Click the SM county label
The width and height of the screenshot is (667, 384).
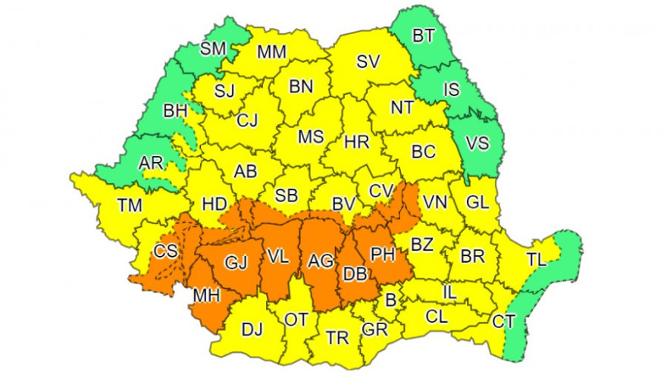(213, 49)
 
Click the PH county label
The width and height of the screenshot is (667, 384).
(383, 254)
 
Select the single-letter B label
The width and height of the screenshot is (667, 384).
(391, 300)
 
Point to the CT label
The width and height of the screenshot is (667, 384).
(503, 322)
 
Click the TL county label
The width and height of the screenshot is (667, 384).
(536, 259)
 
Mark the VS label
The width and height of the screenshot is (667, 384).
(477, 143)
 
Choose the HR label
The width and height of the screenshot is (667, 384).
(355, 142)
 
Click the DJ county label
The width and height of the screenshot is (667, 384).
(251, 329)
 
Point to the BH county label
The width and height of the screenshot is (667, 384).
(175, 111)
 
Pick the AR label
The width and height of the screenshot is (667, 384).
(150, 164)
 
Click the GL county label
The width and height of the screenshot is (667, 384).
(478, 202)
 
